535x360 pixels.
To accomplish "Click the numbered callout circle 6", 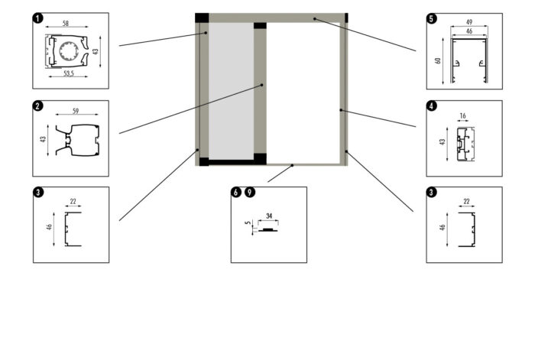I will pyautogui.click(x=236, y=193).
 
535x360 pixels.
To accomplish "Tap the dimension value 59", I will pyautogui.click(x=75, y=112).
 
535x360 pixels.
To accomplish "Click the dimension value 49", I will pyautogui.click(x=469, y=21).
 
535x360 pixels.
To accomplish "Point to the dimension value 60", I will pyautogui.click(x=439, y=60).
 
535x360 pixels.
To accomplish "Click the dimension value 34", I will pyautogui.click(x=269, y=216).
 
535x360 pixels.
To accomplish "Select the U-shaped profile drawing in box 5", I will pyautogui.click(x=468, y=62).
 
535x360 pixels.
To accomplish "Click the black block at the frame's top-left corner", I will pyautogui.click(x=202, y=18).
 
